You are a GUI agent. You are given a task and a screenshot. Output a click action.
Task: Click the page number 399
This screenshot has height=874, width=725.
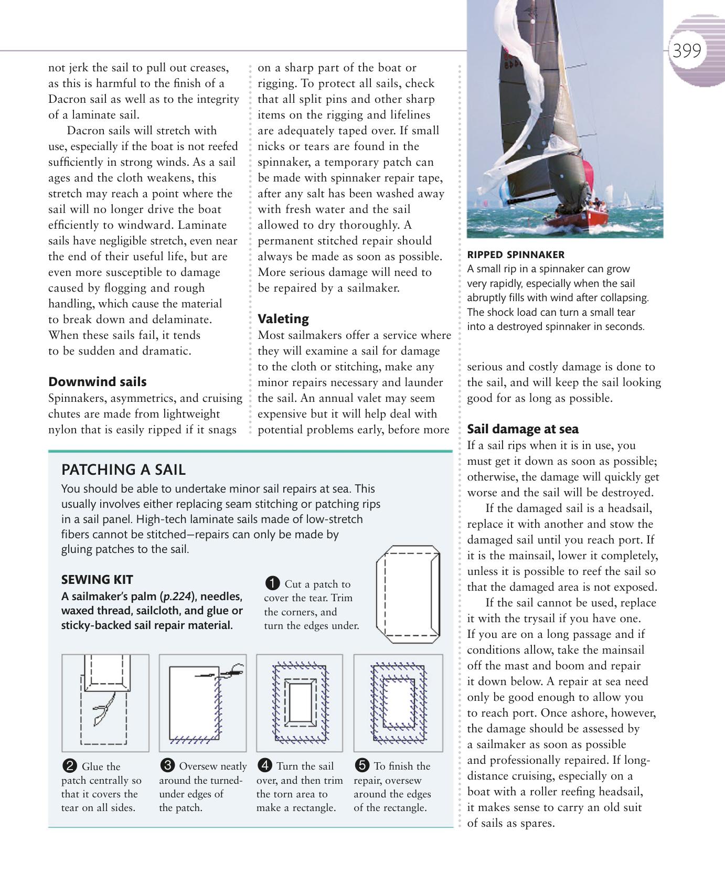[x=686, y=51]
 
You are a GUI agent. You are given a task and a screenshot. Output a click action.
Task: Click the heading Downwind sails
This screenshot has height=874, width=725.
[x=97, y=382]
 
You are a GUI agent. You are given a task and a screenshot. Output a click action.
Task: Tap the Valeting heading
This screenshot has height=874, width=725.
[x=283, y=319]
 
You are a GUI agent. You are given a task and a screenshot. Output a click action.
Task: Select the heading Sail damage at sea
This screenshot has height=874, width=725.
[x=523, y=429]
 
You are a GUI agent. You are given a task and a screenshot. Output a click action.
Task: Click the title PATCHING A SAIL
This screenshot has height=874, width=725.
[x=123, y=470]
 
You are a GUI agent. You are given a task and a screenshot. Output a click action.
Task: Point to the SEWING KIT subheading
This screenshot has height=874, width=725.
[x=97, y=580]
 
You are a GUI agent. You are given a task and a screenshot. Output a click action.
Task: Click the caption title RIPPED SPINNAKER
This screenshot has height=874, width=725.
[x=515, y=255]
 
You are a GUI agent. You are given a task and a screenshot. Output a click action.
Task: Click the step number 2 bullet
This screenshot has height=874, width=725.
[x=69, y=766]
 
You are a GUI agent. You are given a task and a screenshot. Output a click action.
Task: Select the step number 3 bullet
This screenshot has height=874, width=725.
[x=167, y=765]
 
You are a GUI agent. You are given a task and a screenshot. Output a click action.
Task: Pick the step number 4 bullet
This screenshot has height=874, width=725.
[x=264, y=765]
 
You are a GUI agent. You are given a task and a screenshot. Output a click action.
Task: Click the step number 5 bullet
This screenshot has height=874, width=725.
[x=361, y=765]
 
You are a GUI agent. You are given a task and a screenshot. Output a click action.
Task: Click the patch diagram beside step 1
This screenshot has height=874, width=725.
[x=408, y=594]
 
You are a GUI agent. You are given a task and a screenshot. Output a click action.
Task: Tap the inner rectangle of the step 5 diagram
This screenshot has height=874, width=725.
[x=398, y=703]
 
